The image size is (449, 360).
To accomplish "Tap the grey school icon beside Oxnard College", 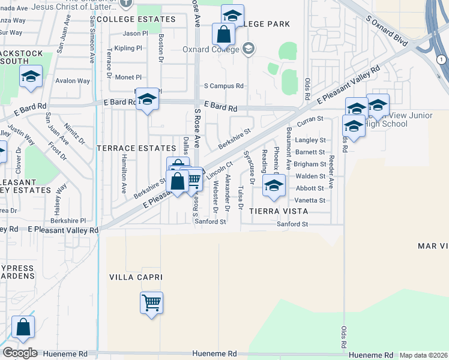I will pyautogui.click(x=249, y=49).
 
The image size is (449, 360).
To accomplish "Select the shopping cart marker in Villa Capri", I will pyautogui.click(x=151, y=302).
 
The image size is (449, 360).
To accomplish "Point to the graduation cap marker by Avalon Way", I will pyautogui.click(x=31, y=76).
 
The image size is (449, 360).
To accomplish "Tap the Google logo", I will pyautogui.click(x=20, y=353).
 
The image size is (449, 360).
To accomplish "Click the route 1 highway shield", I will pyautogui.click(x=442, y=59).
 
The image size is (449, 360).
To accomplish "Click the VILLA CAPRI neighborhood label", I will pyautogui.click(x=136, y=277).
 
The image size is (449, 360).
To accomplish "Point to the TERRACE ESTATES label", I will pyautogui.click(x=136, y=148).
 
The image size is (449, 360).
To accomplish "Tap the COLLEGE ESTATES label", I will pyautogui.click(x=136, y=19).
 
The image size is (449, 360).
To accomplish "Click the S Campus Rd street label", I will pyautogui.click(x=223, y=86).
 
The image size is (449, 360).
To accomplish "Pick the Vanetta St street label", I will pyautogui.click(x=310, y=200).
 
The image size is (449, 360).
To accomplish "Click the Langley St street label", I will pyautogui.click(x=310, y=140).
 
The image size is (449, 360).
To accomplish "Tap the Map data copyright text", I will pyautogui.click(x=424, y=355).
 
